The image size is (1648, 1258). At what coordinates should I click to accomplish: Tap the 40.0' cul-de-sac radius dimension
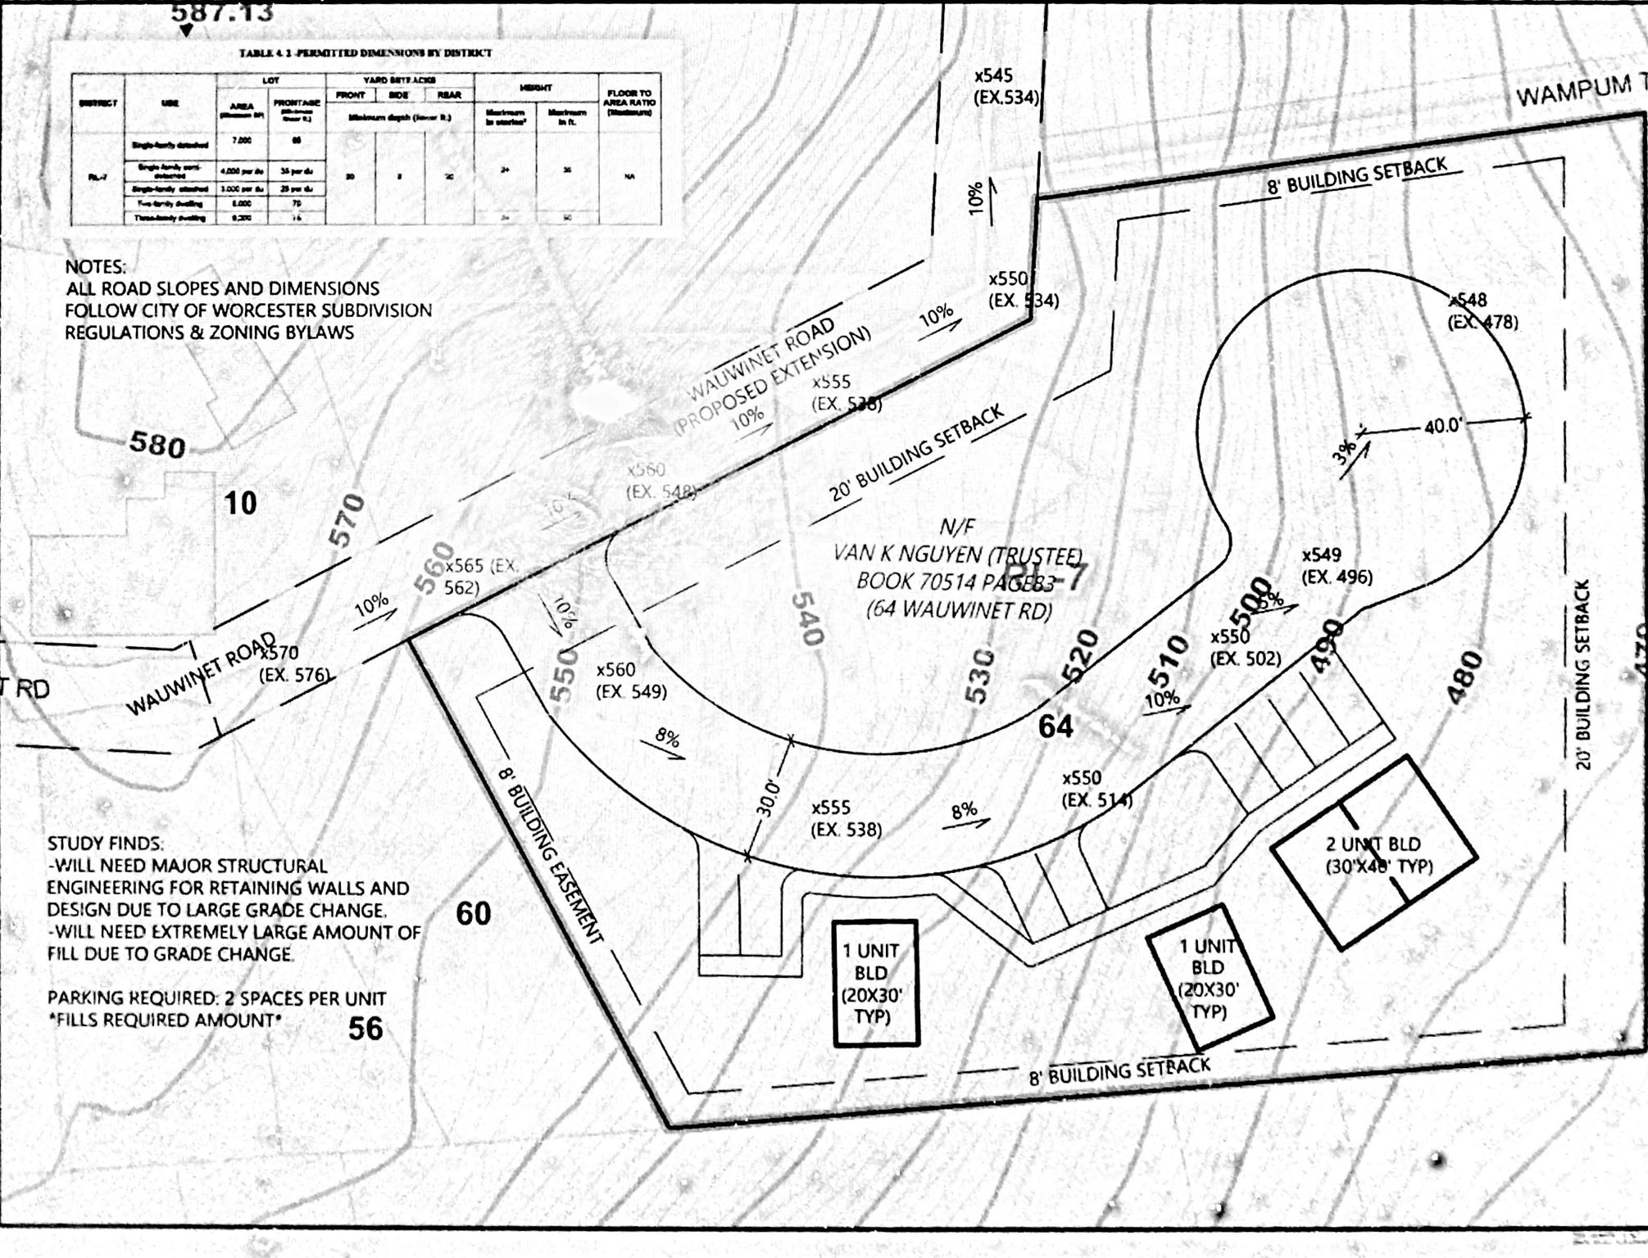[1442, 426]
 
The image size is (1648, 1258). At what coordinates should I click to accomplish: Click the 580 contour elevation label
[157, 445]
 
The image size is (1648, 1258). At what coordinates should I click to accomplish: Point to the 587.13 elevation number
[211, 11]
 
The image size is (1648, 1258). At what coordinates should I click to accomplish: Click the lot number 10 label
[240, 503]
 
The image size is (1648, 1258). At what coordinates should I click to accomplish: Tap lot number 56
[365, 1029]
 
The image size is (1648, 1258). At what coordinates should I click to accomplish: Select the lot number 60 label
[473, 913]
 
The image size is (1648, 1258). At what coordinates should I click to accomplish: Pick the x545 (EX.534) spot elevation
[1006, 87]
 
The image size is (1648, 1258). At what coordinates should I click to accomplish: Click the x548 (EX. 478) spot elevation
[1482, 311]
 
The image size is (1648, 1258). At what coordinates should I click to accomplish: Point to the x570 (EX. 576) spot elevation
[293, 664]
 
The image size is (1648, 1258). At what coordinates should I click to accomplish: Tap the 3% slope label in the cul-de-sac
[1344, 451]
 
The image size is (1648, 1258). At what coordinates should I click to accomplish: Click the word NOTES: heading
[96, 267]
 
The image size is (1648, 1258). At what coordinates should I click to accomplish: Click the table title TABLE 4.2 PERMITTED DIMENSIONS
[365, 53]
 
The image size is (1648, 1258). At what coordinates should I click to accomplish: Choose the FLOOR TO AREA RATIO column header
[629, 102]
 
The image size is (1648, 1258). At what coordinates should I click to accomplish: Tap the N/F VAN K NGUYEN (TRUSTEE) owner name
[957, 554]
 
